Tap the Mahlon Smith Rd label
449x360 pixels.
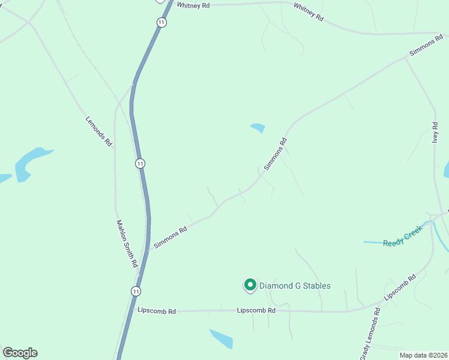(x=127, y=243)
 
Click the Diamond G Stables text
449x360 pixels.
(x=295, y=286)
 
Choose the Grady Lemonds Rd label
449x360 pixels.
(x=370, y=333)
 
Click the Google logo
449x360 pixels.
(x=20, y=353)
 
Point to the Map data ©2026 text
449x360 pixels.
(x=423, y=355)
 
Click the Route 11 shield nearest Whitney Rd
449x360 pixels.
(x=162, y=22)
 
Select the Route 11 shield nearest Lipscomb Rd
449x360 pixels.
(x=137, y=291)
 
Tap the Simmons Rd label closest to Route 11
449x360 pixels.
(x=170, y=237)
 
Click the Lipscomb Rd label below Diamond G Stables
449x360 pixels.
(x=256, y=311)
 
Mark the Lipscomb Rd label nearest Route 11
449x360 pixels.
(x=157, y=311)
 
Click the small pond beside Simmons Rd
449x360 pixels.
(x=258, y=128)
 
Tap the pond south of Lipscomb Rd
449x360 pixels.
(x=221, y=339)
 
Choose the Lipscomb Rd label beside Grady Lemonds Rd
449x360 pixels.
(x=400, y=288)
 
